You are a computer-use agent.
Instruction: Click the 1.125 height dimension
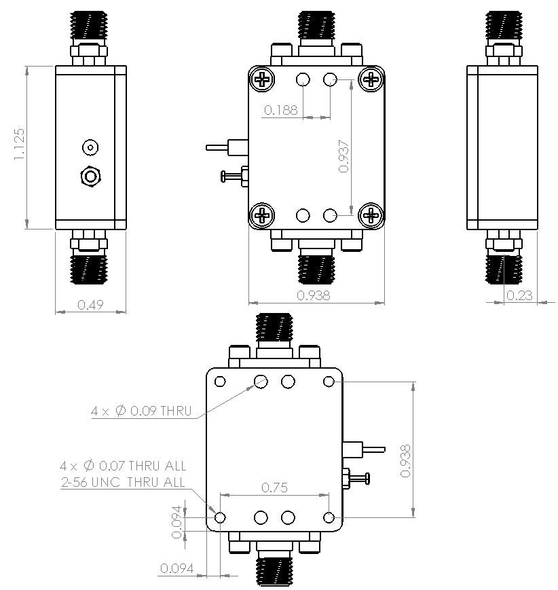[18, 144]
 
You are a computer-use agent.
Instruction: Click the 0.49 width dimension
[90, 306]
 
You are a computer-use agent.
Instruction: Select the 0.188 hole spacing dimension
[281, 110]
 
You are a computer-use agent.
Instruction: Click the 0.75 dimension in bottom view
[275, 487]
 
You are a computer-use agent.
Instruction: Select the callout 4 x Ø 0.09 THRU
[141, 411]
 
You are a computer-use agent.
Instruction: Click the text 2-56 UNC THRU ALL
[123, 483]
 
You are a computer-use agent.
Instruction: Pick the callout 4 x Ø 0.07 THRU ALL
[123, 466]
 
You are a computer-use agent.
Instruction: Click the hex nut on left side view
[90, 177]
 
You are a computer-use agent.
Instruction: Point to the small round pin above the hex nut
[90, 147]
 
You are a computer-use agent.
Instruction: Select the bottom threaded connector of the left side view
[90, 268]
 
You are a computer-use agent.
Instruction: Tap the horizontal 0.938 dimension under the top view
[314, 295]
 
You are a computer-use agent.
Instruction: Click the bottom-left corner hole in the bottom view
[220, 517]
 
